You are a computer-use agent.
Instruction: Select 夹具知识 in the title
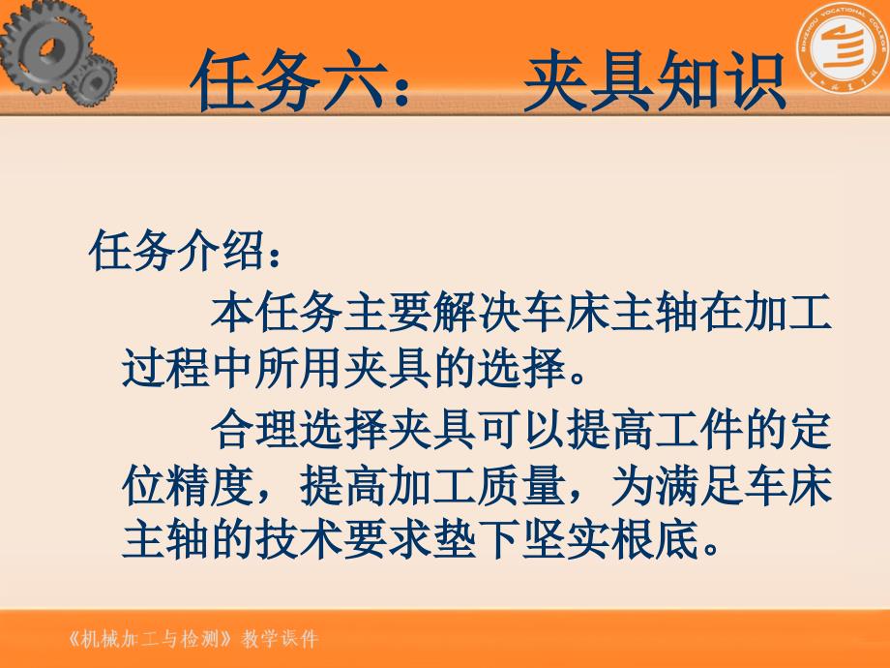click(x=653, y=82)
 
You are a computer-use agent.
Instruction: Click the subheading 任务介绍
click(x=174, y=254)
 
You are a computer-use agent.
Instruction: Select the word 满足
click(x=697, y=486)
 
